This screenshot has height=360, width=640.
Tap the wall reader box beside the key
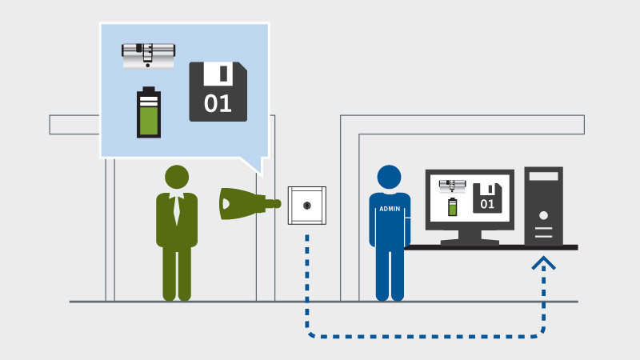[x=307, y=206]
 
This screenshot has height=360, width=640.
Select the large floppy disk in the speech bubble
[x=218, y=92]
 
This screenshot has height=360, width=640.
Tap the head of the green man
[x=177, y=178]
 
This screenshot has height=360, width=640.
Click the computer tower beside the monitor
[x=543, y=206]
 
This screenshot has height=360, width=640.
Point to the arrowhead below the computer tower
[x=544, y=262]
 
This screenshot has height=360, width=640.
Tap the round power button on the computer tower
[x=543, y=216]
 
